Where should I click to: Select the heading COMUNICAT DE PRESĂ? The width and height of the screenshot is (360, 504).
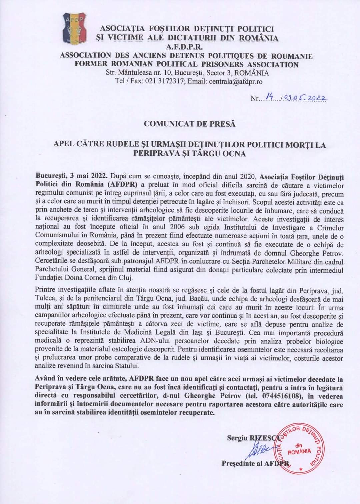pos(189,124)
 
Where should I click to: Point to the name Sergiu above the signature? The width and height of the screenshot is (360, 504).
pos(237,438)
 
